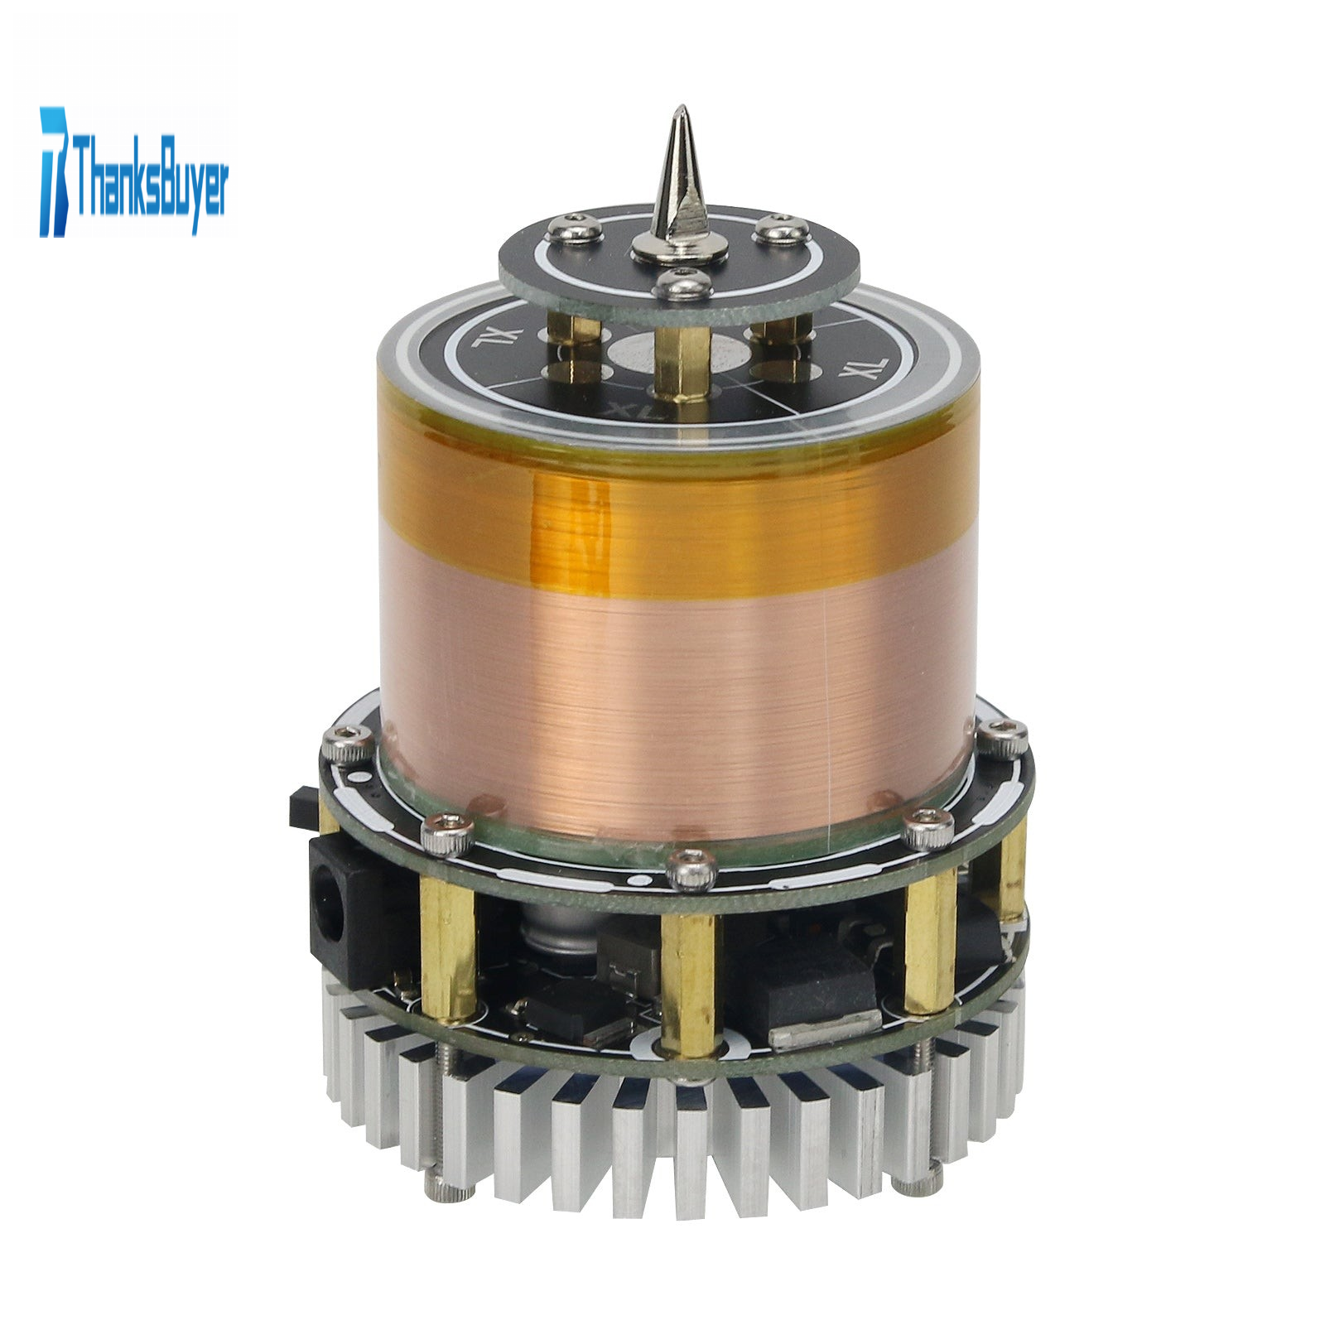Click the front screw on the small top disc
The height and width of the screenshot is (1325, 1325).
tap(681, 285)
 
